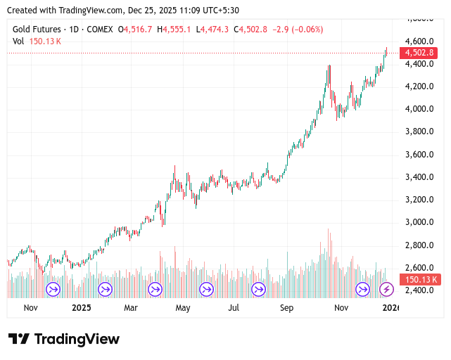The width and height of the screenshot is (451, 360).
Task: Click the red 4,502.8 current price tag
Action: tap(419, 53)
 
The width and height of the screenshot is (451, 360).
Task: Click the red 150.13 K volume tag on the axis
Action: tap(420, 279)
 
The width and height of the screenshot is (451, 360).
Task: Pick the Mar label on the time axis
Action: tap(131, 308)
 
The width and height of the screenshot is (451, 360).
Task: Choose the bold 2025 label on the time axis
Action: tap(82, 308)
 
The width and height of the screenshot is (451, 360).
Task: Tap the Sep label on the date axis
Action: tap(286, 308)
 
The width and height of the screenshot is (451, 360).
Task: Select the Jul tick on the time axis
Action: tap(234, 308)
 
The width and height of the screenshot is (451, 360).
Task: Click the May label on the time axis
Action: tap(183, 308)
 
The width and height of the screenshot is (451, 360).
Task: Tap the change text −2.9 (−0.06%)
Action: tap(294, 29)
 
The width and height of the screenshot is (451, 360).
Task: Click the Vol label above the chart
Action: tap(19, 41)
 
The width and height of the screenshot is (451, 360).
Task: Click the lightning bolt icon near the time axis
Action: tap(386, 289)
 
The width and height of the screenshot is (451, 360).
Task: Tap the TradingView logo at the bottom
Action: tap(64, 339)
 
